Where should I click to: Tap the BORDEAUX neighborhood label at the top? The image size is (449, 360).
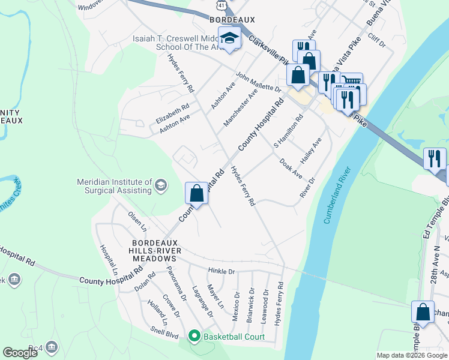229,20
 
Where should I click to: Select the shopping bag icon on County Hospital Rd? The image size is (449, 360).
196,193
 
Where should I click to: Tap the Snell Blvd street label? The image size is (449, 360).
164,337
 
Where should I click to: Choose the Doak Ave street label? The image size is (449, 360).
291,169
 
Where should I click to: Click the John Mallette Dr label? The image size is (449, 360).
258,82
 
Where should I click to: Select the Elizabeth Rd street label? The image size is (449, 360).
172,112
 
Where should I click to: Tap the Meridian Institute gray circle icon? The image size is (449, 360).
160,185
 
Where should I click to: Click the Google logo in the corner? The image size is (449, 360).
20,353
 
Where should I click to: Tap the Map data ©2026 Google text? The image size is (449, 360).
412,355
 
